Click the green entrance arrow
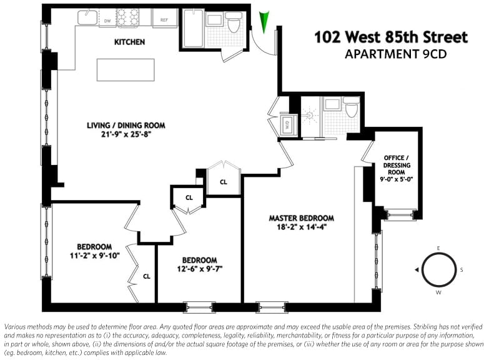pyautogui.click(x=264, y=22)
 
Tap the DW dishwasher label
pyautogui.click(x=107, y=21)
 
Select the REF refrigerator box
pyautogui.click(x=164, y=18)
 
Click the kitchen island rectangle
pyautogui.click(x=126, y=70)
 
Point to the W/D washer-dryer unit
pyautogui.click(x=289, y=125)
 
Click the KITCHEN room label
pyautogui.click(x=130, y=42)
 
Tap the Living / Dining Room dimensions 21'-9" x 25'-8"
pyautogui.click(x=126, y=134)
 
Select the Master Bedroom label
pyautogui.click(x=302, y=218)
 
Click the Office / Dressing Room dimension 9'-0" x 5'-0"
pyautogui.click(x=397, y=179)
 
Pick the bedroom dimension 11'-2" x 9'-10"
pyautogui.click(x=94, y=256)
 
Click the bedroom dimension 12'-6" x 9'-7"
pyautogui.click(x=200, y=269)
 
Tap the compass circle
pyautogui.click(x=438, y=269)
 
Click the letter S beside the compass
pyautogui.click(x=462, y=270)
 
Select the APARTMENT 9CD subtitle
pyautogui.click(x=396, y=54)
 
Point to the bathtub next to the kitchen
pyautogui.click(x=193, y=28)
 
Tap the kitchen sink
pyautogui.click(x=87, y=17)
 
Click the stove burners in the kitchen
pyautogui.click(x=127, y=17)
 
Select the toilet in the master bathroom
pyautogui.click(x=352, y=107)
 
